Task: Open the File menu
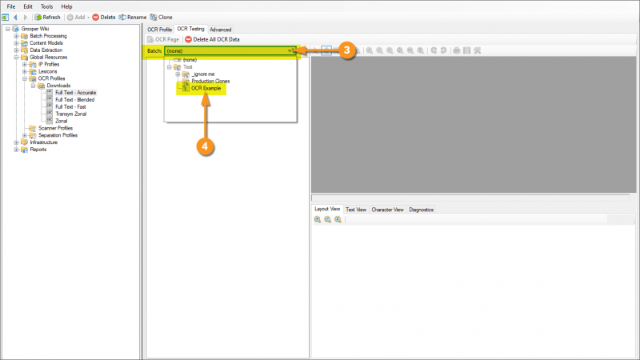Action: [x=11, y=6]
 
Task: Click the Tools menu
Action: [x=46, y=6]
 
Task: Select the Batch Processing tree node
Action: [x=48, y=36]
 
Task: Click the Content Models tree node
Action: [x=46, y=43]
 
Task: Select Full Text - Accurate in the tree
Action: [x=75, y=93]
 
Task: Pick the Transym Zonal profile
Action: [x=71, y=114]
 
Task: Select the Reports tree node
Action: [x=38, y=150]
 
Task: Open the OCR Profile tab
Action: [x=160, y=30]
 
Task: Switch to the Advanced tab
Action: [x=221, y=30]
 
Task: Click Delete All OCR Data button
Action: [x=212, y=39]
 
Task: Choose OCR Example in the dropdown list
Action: [x=206, y=88]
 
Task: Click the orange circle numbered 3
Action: [x=346, y=50]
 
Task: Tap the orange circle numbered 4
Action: [x=206, y=146]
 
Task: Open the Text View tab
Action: [x=356, y=210]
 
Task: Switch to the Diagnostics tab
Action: [x=422, y=210]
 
